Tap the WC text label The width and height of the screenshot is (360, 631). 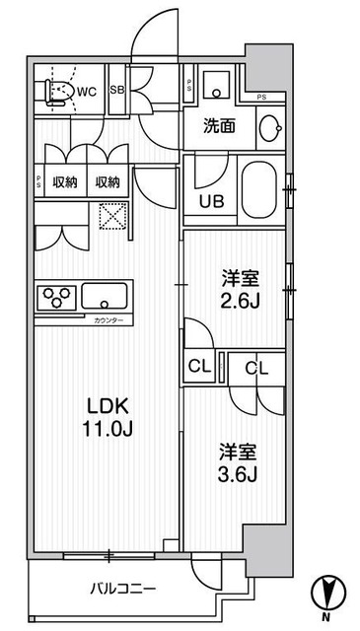[88, 93]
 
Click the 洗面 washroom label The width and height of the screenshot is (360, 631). [219, 126]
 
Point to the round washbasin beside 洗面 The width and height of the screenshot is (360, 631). [269, 127]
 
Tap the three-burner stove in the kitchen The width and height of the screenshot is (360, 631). [56, 297]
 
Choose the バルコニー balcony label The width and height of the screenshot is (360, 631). [122, 589]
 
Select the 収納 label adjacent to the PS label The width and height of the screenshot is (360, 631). [65, 182]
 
